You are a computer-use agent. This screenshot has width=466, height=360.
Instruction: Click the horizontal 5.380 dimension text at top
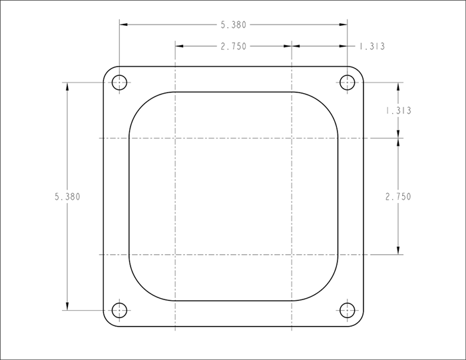click(x=234, y=25)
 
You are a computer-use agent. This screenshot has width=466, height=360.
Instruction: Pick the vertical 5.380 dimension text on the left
click(x=67, y=196)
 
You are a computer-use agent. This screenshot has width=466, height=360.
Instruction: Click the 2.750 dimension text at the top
click(x=234, y=47)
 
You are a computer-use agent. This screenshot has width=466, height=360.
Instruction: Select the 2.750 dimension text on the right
click(x=398, y=196)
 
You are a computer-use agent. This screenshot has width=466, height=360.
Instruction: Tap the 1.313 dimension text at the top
click(x=372, y=47)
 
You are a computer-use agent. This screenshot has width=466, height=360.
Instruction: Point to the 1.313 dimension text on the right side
click(x=398, y=110)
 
